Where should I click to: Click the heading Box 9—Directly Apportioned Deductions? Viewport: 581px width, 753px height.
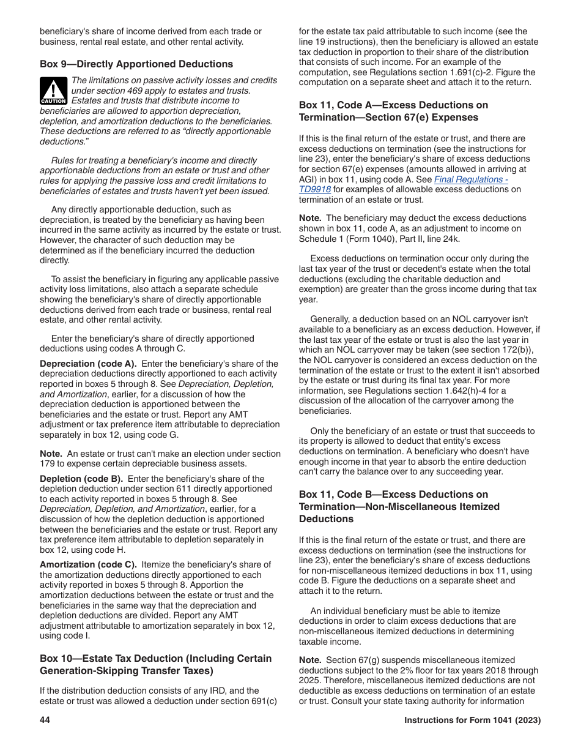pyautogui.click(x=136, y=64)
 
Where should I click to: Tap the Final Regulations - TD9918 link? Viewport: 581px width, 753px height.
pyautogui.click(x=404, y=184)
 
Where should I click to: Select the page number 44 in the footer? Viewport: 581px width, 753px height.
pyautogui.click(x=45, y=721)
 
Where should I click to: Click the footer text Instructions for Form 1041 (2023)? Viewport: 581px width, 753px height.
pyautogui.click(x=472, y=721)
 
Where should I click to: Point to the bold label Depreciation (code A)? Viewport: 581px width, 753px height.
pyautogui.click(x=88, y=364)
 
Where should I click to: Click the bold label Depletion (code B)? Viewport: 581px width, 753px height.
pyautogui.click(x=81, y=479)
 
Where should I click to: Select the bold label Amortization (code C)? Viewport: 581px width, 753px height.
pyautogui.click(x=87, y=564)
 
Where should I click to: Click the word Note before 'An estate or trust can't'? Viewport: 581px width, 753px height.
pyautogui.click(x=51, y=454)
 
